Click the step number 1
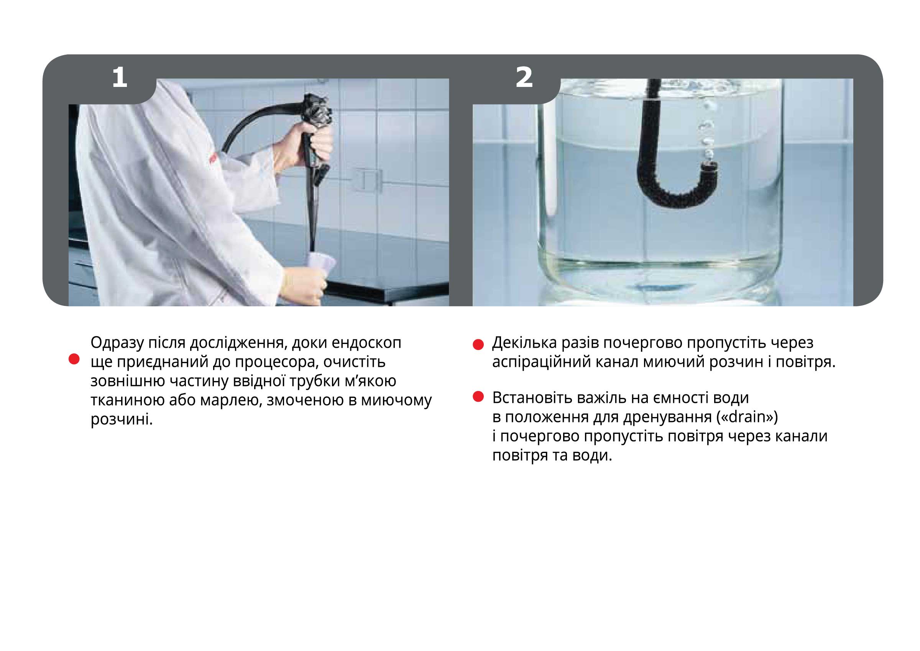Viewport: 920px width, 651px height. point(120,77)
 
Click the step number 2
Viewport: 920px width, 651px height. point(524,77)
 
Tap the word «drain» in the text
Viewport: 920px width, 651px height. point(747,417)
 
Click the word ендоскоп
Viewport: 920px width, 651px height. point(366,343)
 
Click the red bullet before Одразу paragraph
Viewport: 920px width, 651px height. point(74,359)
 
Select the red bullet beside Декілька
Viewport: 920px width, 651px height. point(478,344)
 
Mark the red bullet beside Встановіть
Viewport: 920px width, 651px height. point(478,397)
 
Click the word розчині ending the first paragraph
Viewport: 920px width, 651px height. point(122,420)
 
